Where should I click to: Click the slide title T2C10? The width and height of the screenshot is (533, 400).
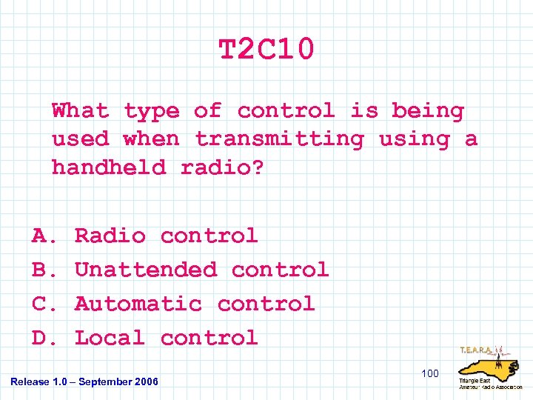(266, 50)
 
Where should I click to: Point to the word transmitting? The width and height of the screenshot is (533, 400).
(279, 139)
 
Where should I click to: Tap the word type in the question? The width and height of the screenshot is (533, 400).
(151, 112)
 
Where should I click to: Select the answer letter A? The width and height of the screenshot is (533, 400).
(41, 236)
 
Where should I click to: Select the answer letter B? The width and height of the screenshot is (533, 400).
(41, 270)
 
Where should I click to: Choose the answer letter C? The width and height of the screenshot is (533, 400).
(41, 304)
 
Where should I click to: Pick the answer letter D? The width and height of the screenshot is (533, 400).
(41, 339)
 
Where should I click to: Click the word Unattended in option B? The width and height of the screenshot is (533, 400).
(146, 270)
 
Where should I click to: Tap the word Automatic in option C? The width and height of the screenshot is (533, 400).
(138, 304)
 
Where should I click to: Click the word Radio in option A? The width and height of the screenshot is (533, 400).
(110, 236)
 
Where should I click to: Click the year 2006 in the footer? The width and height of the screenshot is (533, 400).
(147, 381)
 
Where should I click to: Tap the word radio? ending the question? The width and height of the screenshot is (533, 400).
(222, 167)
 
